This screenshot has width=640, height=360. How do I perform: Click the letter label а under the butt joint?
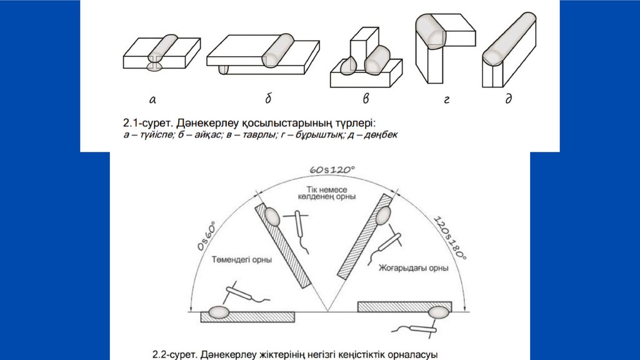coord(152,99)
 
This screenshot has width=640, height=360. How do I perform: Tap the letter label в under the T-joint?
coord(366,99)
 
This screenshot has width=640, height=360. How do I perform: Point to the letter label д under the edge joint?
coord(508,99)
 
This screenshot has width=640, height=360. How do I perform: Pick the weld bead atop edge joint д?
coord(509,38)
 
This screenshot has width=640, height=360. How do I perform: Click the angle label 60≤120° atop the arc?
coord(332,169)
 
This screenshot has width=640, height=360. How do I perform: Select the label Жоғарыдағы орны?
coord(413,267)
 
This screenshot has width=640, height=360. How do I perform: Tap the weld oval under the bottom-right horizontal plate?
coord(437,312)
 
